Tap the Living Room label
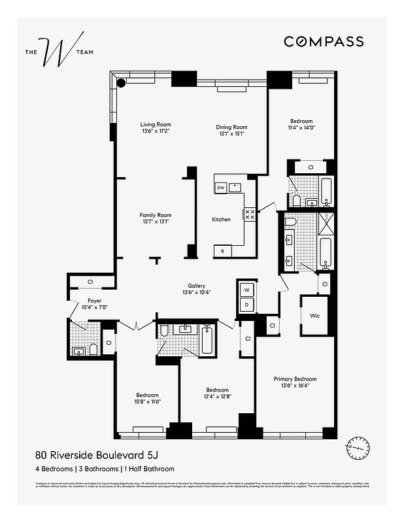click(x=156, y=124)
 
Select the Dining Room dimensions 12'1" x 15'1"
click(x=231, y=134)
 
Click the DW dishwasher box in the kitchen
click(x=221, y=188)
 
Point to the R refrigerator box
click(x=223, y=251)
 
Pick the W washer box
click(x=247, y=290)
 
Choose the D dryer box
click(x=247, y=304)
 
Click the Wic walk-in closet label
click(x=314, y=316)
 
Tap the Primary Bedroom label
click(x=295, y=379)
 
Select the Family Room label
click(x=155, y=215)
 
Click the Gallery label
click(x=197, y=286)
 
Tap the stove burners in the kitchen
click(x=249, y=214)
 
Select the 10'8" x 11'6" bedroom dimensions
click(x=148, y=401)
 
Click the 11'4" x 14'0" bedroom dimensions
click(x=301, y=128)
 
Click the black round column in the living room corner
click(x=122, y=83)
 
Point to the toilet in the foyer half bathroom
click(x=93, y=349)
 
